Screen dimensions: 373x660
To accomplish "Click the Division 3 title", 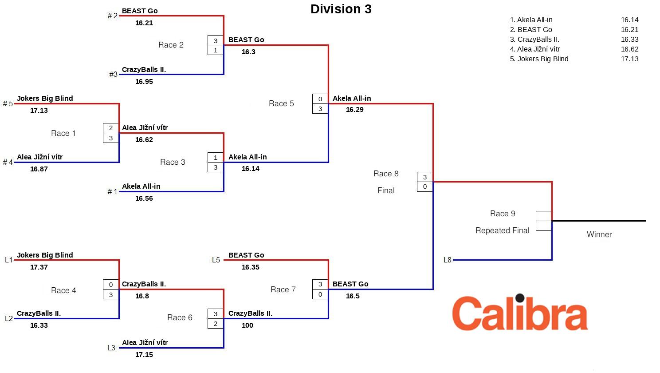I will tap(341, 9).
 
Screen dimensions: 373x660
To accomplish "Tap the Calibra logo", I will tap(520, 313).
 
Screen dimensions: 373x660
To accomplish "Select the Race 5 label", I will tap(281, 103).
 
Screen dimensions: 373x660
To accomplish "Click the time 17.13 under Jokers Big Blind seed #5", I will tap(39, 111).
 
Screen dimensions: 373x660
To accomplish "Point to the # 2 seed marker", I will tap(113, 16).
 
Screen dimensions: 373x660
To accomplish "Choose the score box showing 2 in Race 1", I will tap(111, 128).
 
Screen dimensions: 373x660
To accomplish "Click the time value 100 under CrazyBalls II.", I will tap(247, 325).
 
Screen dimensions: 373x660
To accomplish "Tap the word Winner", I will tap(599, 234).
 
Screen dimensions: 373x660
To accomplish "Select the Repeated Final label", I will tap(502, 230).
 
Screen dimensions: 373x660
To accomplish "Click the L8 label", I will tap(448, 260).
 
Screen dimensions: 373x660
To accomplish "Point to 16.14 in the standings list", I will tap(629, 20).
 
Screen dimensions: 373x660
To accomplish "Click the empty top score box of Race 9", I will tap(544, 216).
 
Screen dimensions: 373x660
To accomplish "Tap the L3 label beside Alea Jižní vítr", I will tap(111, 348).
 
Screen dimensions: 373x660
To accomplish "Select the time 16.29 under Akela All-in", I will tap(355, 110).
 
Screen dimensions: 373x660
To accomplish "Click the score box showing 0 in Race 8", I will tap(425, 186).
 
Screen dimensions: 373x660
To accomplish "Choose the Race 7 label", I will tap(283, 290).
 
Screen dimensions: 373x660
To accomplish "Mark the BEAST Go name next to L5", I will tap(246, 255).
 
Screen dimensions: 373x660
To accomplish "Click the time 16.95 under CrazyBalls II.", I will tap(144, 82).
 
